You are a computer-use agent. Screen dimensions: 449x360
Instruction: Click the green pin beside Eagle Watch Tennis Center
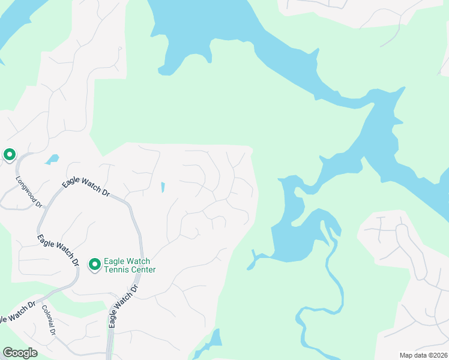click(x=94, y=264)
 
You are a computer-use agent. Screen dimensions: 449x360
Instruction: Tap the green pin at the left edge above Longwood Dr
click(x=10, y=155)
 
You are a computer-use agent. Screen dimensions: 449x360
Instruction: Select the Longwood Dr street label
click(x=29, y=191)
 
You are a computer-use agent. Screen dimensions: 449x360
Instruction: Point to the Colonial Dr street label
click(x=49, y=320)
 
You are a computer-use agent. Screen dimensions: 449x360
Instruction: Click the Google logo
click(x=20, y=352)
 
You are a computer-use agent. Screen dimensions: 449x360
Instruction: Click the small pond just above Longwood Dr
click(x=52, y=160)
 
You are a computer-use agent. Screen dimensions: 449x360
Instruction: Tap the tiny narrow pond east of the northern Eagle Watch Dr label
click(x=163, y=187)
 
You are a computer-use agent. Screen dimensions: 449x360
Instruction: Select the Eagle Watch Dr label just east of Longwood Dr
click(x=85, y=186)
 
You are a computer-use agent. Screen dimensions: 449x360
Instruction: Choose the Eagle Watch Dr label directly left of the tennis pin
click(x=58, y=250)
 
